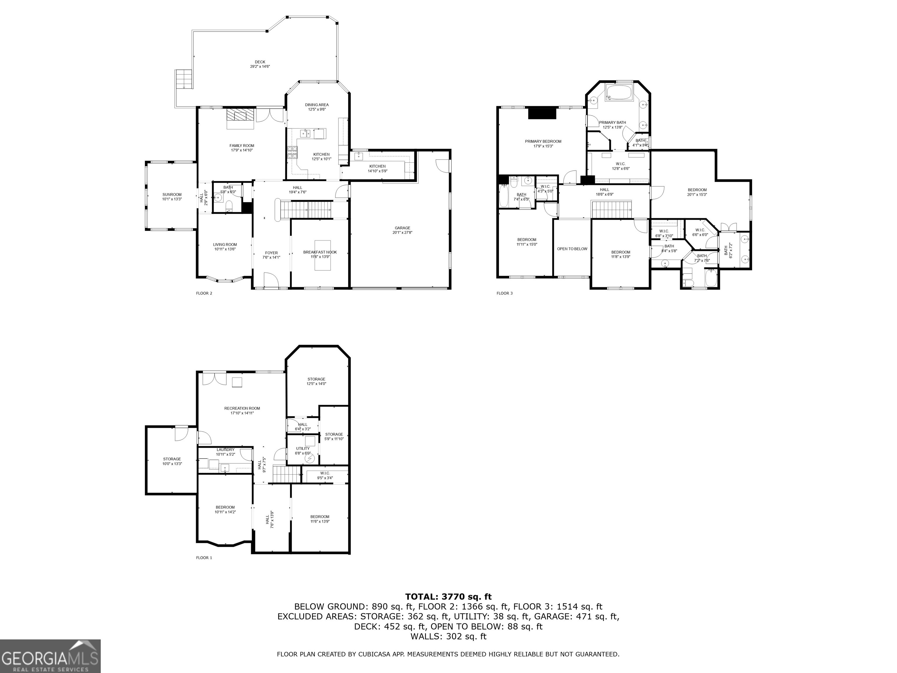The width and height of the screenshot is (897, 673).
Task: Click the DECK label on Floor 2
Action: pyautogui.click(x=260, y=62)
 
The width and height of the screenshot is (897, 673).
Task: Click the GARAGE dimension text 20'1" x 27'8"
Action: pyautogui.click(x=402, y=233)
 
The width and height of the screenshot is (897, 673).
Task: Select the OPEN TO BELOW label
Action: pyautogui.click(x=572, y=249)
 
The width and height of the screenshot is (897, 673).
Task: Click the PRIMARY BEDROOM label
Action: pyautogui.click(x=543, y=141)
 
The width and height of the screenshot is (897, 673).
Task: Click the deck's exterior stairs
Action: pyautogui.click(x=183, y=79)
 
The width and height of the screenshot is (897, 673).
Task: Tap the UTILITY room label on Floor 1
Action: pyautogui.click(x=303, y=449)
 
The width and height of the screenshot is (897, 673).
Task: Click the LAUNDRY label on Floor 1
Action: pyautogui.click(x=225, y=450)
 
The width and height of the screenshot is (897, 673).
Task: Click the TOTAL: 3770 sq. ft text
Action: pyautogui.click(x=448, y=596)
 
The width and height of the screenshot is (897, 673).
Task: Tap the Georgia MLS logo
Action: pyautogui.click(x=50, y=656)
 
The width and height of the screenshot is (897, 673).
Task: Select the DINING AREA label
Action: pyautogui.click(x=317, y=105)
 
